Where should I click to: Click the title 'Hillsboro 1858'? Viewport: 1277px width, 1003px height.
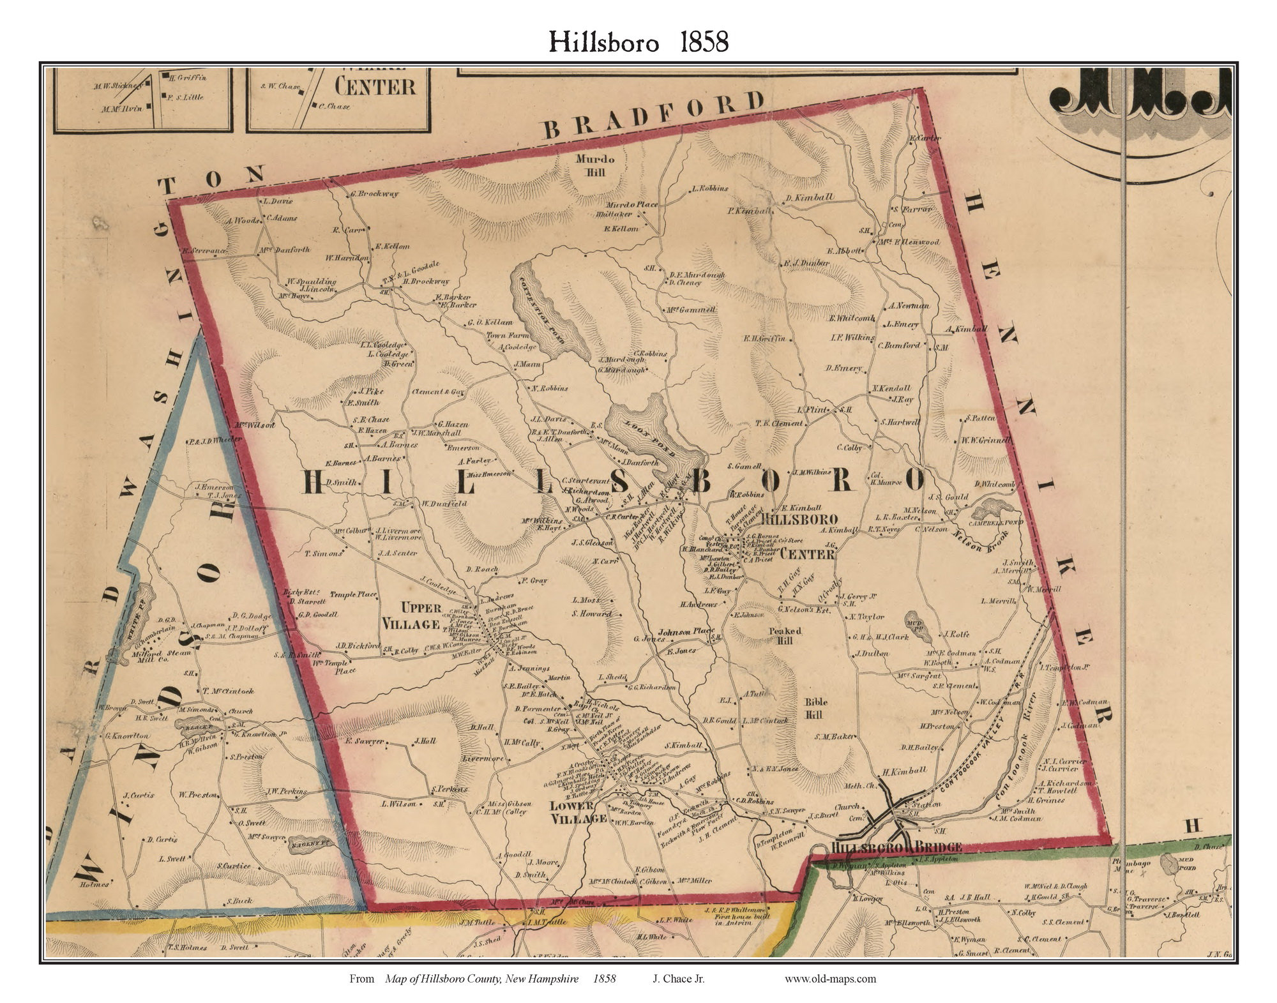(638, 42)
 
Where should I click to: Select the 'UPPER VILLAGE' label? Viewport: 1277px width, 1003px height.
(411, 615)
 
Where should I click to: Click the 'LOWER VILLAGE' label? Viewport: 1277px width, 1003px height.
(577, 811)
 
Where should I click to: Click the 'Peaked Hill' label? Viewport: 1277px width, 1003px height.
(785, 635)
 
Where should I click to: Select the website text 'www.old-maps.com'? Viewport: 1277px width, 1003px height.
(829, 978)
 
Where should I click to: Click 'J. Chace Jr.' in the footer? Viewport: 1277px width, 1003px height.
(678, 978)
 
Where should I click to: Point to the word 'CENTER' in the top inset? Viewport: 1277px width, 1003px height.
(375, 87)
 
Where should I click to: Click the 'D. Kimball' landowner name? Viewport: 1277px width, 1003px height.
(810, 197)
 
